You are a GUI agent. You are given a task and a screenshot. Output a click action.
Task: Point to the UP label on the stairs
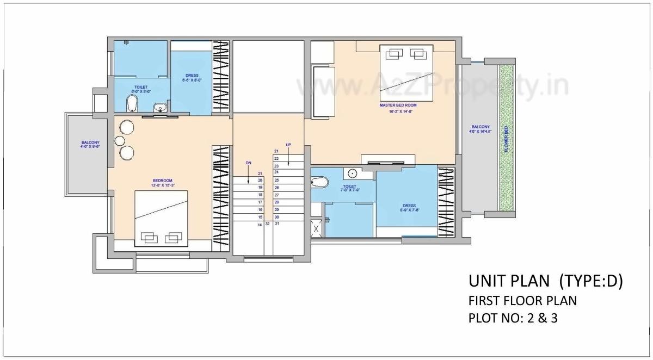point(288,145)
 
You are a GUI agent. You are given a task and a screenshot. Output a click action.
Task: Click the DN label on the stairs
point(248,162)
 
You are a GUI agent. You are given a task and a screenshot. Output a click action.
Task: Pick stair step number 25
point(276,179)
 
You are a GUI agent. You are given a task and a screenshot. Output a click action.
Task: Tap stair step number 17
point(260,202)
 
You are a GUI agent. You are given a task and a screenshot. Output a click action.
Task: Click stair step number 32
point(268,224)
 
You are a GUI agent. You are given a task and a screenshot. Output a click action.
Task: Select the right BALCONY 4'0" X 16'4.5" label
point(480,129)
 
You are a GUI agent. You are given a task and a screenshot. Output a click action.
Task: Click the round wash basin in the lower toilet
point(353,173)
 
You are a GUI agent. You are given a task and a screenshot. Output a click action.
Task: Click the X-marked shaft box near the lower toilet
point(316,228)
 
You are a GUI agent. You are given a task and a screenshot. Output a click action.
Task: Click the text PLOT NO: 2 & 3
point(513,318)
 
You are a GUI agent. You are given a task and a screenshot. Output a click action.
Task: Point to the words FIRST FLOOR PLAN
point(522,300)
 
